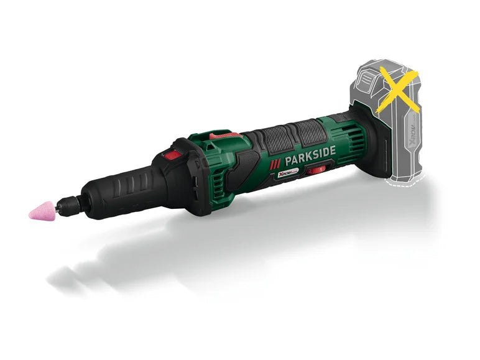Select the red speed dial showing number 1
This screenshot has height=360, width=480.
[317, 169]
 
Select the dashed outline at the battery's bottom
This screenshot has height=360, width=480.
[405, 182]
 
